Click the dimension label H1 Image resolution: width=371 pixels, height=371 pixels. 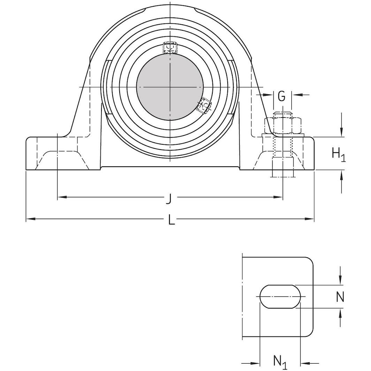(338, 154)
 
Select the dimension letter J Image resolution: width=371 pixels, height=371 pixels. (169, 199)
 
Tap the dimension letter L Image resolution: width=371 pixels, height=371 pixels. (171, 220)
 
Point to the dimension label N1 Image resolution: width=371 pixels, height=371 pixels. (280, 362)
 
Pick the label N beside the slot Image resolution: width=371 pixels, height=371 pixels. (340, 297)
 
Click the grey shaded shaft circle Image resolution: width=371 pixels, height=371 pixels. (170, 86)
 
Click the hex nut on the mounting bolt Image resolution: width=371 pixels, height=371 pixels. (282, 126)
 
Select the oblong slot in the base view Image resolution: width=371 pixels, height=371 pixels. (280, 297)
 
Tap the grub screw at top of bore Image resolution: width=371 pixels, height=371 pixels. (171, 47)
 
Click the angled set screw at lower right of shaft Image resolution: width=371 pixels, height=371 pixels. (204, 105)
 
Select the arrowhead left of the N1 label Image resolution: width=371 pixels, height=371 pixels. (257, 362)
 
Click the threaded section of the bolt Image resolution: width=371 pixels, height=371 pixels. (282, 146)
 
